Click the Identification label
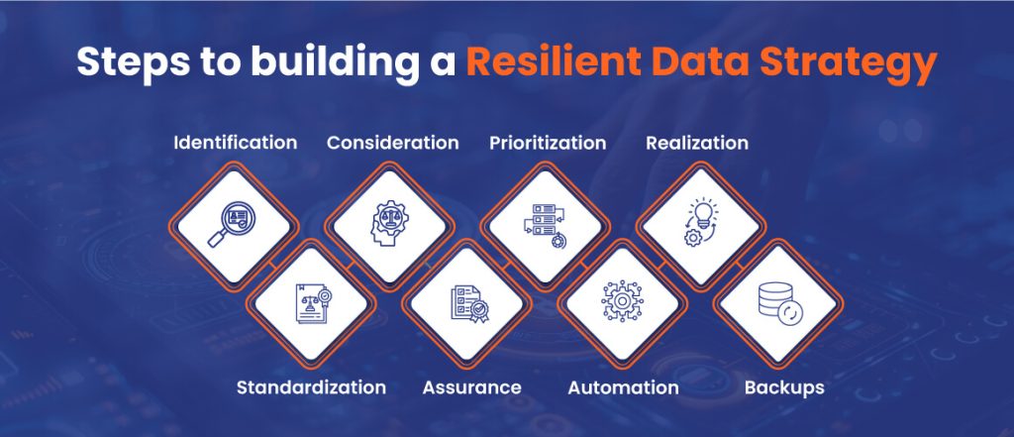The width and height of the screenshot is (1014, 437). coord(235,143)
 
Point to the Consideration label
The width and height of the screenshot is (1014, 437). coord(393,143)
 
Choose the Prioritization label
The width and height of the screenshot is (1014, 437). coord(548,143)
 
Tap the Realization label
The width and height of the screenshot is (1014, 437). coord(697,143)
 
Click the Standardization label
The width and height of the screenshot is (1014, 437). coord(311,387)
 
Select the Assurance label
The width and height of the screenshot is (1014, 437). coord(472,387)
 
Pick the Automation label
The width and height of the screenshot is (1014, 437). coord(623,387)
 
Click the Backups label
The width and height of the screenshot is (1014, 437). coord(784,387)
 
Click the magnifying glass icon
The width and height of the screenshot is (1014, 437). coord(232,226)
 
